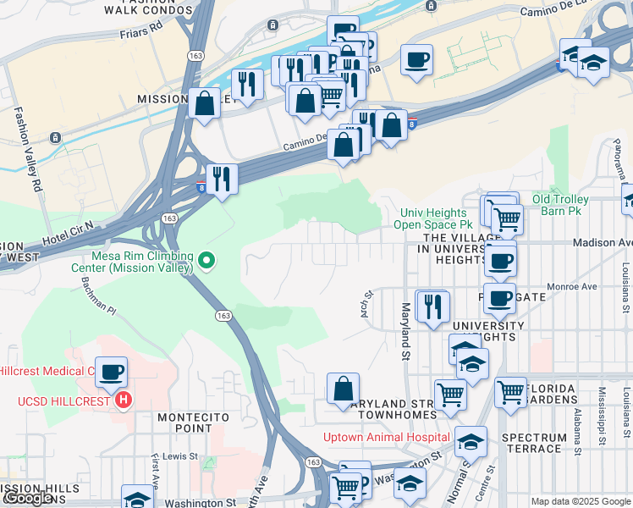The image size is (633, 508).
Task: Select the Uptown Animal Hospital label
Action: [x=387, y=437]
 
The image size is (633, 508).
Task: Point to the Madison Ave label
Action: [x=602, y=242]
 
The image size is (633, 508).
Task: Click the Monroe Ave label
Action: [x=574, y=286]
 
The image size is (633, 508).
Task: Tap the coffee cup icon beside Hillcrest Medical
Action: [x=111, y=372]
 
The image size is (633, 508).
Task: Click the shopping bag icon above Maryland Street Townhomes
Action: [x=344, y=389]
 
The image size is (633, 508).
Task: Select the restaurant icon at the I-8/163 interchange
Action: [x=222, y=178]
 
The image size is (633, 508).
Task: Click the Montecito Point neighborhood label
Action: [x=184, y=422]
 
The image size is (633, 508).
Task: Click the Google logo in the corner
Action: [x=27, y=498]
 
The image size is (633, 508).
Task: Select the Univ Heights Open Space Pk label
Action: [x=432, y=218]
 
